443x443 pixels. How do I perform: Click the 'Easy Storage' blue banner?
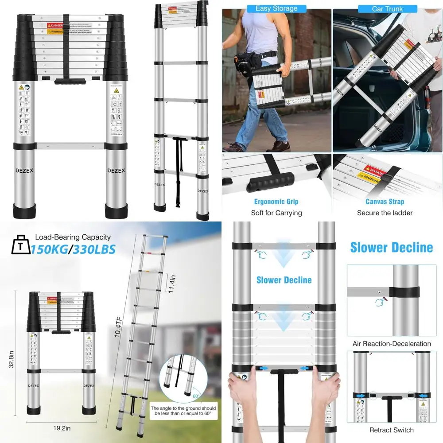pyautogui.click(x=276, y=8)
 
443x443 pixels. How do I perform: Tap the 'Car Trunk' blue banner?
pyautogui.click(x=387, y=8)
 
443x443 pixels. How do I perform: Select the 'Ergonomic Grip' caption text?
pyautogui.click(x=276, y=202)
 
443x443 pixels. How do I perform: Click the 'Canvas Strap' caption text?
pyautogui.click(x=385, y=202)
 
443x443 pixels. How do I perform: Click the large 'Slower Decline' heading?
pyautogui.click(x=391, y=247)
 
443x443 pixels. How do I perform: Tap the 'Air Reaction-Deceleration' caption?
pyautogui.click(x=392, y=343)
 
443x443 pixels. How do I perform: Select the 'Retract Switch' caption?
pyautogui.click(x=392, y=430)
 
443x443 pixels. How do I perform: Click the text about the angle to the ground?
pyautogui.click(x=183, y=411)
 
